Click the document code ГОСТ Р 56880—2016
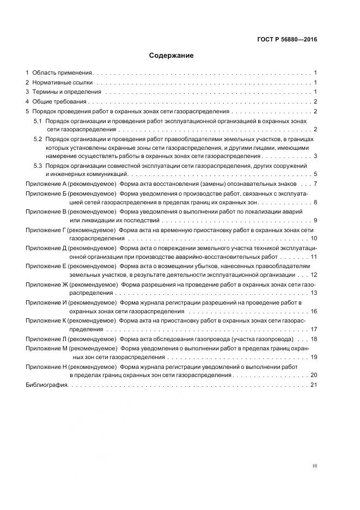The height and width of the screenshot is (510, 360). tap(287, 39)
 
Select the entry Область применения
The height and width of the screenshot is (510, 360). tap(63, 72)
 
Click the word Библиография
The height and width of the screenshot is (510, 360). tap(46, 385)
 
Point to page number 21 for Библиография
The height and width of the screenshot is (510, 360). tap(313, 385)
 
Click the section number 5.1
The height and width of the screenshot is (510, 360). tap(38, 120)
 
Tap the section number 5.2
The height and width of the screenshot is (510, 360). tap(38, 139)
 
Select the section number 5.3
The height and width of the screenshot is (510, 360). tap(38, 165)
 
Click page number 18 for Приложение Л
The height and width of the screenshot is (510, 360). tap(313, 339)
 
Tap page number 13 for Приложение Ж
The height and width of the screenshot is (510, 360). tap(313, 293)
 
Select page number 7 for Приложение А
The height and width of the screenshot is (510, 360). tap(315, 184)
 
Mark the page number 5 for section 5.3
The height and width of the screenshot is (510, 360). tap(315, 174)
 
